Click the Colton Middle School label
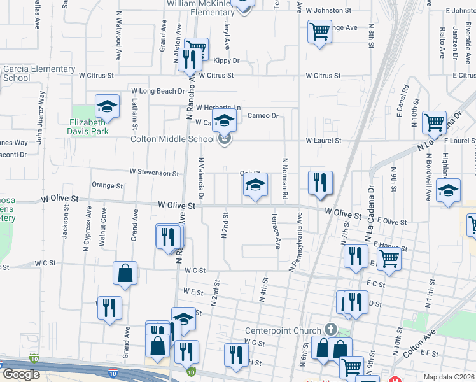click(172, 139)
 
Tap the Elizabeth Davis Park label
click(89, 127)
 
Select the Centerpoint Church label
click(284, 330)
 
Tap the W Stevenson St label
click(154, 173)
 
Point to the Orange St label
click(107, 186)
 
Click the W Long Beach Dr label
click(157, 92)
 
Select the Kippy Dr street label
click(226, 61)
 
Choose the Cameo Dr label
click(263, 115)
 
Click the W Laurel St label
click(323, 140)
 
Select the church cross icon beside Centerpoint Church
click(330, 329)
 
